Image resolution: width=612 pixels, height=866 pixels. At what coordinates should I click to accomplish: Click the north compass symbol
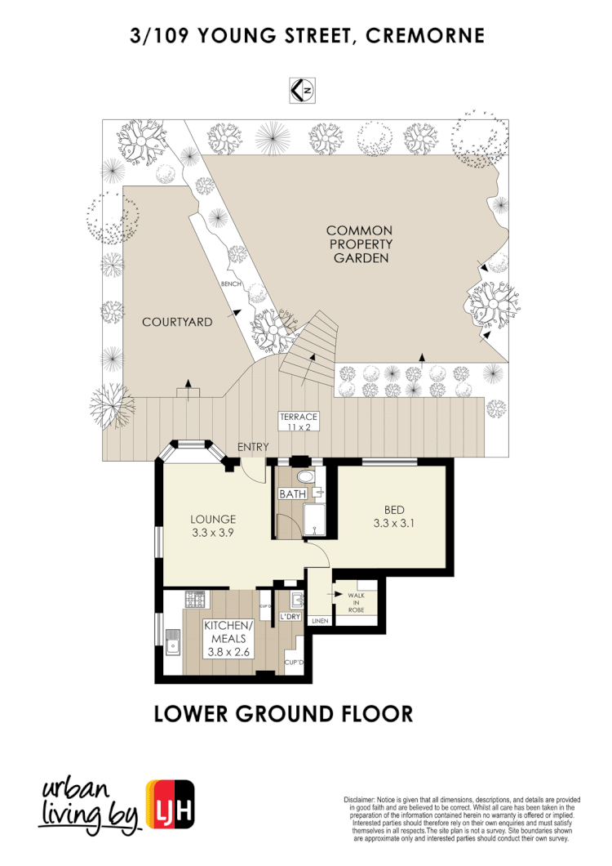(303, 89)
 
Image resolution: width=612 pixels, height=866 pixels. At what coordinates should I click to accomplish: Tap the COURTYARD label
(177, 322)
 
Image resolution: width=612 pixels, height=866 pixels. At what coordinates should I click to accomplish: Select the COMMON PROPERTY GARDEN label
(360, 244)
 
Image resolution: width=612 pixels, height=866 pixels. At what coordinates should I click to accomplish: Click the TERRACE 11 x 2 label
(298, 422)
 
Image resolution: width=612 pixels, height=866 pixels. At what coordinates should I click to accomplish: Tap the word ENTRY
(253, 447)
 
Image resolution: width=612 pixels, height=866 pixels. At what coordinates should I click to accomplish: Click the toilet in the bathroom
(304, 476)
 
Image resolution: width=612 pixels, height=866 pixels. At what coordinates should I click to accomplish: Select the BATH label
(291, 494)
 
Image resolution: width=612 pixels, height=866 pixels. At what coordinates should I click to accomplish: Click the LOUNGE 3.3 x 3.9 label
(213, 525)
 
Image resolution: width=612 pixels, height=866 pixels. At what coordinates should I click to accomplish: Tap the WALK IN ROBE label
(357, 603)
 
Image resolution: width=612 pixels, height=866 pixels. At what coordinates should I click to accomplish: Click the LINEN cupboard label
(319, 622)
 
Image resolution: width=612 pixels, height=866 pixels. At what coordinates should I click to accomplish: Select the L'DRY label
(290, 616)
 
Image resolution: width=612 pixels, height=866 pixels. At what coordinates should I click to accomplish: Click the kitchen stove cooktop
(196, 601)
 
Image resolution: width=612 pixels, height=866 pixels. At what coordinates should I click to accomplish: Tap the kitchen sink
(172, 644)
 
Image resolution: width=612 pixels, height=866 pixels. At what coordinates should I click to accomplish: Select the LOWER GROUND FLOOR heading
(283, 713)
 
